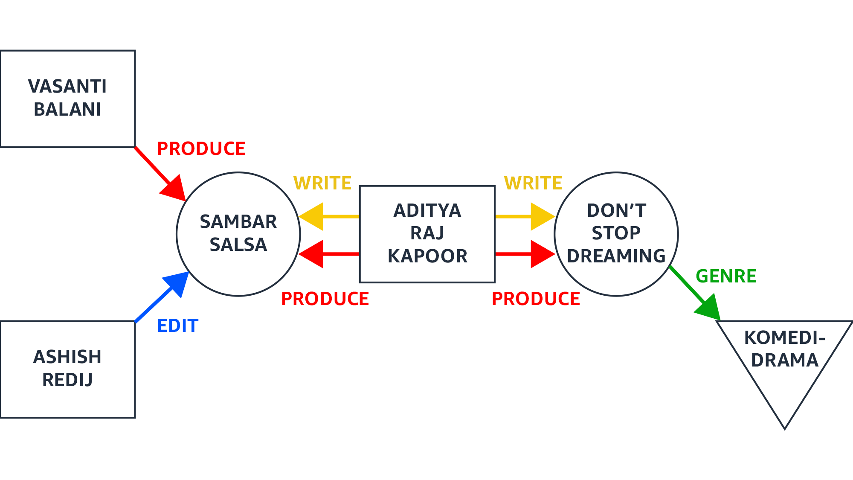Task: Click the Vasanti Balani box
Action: point(67,99)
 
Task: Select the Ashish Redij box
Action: point(67,369)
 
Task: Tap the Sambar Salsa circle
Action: point(238,234)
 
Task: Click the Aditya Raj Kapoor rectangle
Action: point(427,234)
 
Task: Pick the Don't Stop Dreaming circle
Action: point(616,234)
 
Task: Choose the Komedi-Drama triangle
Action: point(784,358)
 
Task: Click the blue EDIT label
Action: point(177,326)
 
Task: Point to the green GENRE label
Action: point(726,276)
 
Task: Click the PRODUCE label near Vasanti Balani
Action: point(201,148)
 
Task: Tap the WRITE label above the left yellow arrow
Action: point(322,183)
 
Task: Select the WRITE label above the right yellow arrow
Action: point(533,183)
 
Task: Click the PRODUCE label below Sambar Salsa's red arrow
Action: point(325,299)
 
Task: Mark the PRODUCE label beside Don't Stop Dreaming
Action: point(536,299)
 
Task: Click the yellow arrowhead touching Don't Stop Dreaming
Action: point(542,217)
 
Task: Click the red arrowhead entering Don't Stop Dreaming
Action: point(542,254)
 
